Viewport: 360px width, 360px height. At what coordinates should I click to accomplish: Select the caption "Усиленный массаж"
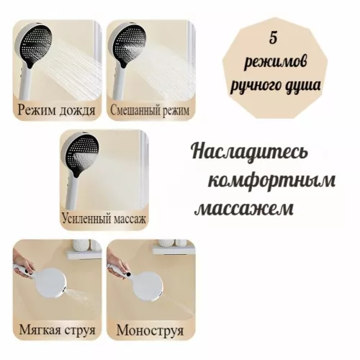coord(102,218)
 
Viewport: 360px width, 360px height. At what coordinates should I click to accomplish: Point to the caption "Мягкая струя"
coord(55,331)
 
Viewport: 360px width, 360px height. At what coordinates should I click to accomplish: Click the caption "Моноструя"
coord(148,331)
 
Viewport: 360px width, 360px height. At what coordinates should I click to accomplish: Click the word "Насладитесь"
coord(250,153)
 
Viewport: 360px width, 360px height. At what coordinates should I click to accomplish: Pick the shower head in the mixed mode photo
coord(123,44)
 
